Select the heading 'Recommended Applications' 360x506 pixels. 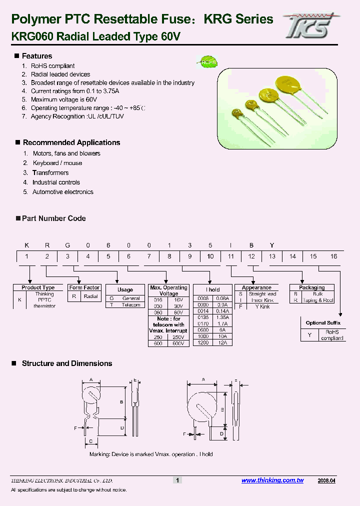click(x=71, y=142)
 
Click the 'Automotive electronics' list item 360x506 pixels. click(x=62, y=192)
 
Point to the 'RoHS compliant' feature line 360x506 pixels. click(x=52, y=66)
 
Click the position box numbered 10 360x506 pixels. click(x=210, y=256)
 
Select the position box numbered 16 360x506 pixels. click(x=333, y=256)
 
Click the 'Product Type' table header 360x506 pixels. click(x=38, y=287)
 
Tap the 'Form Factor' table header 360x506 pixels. click(x=84, y=287)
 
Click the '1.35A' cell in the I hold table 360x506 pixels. click(x=222, y=316)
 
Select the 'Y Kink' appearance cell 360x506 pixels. click(x=262, y=306)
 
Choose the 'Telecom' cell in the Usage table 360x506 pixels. click(x=131, y=304)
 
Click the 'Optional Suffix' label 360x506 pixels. click(x=323, y=323)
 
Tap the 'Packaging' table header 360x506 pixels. click(x=312, y=287)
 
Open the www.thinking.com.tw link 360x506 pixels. click(x=272, y=480)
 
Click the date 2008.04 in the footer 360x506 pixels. click(x=326, y=480)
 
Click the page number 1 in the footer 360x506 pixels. click(x=177, y=480)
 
